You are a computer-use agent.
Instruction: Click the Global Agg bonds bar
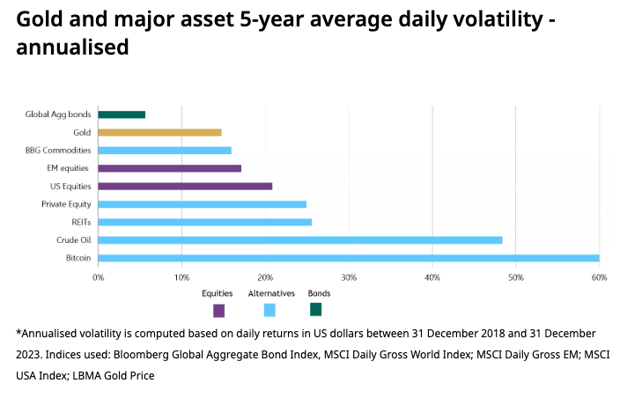pyautogui.click(x=122, y=114)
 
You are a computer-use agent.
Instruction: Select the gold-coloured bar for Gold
pyautogui.click(x=159, y=132)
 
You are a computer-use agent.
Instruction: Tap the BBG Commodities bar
pyautogui.click(x=165, y=151)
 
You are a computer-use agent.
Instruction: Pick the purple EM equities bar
pyautogui.click(x=169, y=168)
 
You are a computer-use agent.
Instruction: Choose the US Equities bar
pyautogui.click(x=185, y=186)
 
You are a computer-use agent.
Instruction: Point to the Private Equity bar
pyautogui.click(x=202, y=204)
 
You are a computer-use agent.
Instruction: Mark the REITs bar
pyautogui.click(x=204, y=222)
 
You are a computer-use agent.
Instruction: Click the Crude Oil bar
pyautogui.click(x=299, y=240)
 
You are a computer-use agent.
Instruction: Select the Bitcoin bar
pyautogui.click(x=348, y=258)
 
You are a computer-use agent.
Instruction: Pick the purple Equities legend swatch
pyautogui.click(x=218, y=310)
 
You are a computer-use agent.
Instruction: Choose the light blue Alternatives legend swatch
pyautogui.click(x=269, y=309)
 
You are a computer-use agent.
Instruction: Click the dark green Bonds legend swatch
pyautogui.click(x=316, y=309)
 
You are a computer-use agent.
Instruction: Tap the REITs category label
pyautogui.click(x=81, y=222)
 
